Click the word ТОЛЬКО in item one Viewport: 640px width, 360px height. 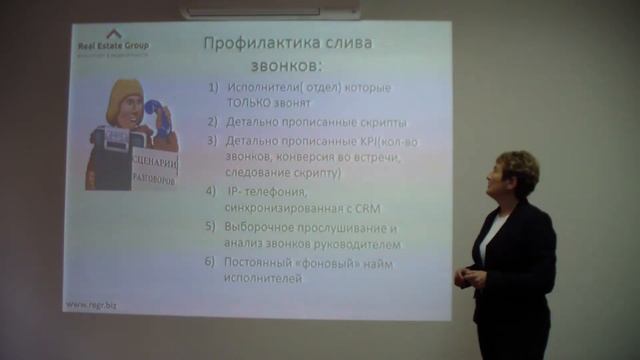click(249, 103)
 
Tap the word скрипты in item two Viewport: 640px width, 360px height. click(352, 122)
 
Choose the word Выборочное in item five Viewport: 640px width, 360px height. click(263, 228)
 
